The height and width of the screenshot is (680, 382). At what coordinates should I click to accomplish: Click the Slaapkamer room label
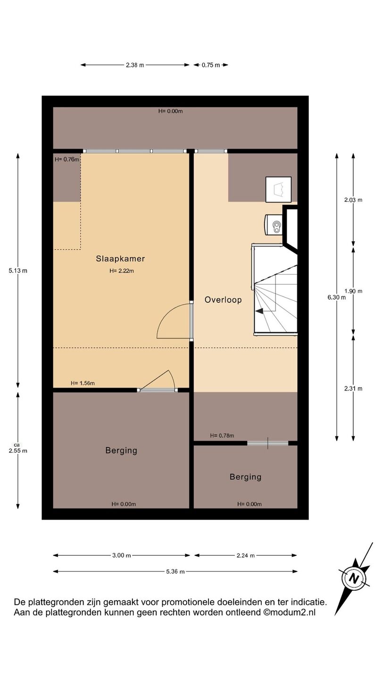point(120,259)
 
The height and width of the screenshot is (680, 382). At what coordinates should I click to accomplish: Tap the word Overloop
point(223,300)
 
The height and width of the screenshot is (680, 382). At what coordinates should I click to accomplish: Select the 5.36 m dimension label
point(175,571)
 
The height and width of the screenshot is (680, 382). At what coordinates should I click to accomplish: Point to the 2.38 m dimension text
point(135,65)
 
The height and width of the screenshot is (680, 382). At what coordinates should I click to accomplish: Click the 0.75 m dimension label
point(211,65)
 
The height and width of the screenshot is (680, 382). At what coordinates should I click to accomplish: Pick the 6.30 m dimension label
point(336,297)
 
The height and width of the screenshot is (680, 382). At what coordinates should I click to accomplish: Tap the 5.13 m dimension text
point(18,271)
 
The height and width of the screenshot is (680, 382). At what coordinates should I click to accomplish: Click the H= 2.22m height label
point(122,271)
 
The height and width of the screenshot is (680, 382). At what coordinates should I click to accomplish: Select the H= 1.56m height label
point(83,383)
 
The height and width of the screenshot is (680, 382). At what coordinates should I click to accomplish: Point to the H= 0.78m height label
point(222,435)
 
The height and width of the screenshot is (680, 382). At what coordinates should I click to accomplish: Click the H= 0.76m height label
point(67,160)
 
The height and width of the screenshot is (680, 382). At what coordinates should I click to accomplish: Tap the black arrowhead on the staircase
point(259,311)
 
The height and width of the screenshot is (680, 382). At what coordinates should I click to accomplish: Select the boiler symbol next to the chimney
point(274,225)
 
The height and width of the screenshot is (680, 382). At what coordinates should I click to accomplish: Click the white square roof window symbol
point(278,189)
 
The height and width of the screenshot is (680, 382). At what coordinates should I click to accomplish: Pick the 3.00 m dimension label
point(122,555)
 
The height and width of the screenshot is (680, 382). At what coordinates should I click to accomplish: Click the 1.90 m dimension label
point(353,291)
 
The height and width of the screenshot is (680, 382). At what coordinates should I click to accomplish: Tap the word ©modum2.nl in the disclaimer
point(289,612)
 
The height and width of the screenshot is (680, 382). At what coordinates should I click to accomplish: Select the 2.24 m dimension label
point(246,555)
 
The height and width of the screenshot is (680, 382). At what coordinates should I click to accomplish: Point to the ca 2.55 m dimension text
point(18,449)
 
